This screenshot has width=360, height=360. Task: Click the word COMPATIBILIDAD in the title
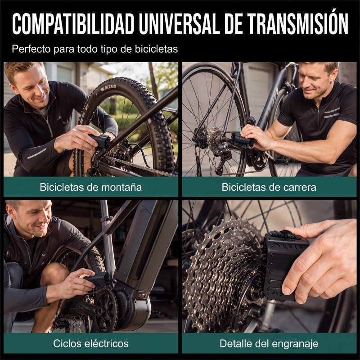click(73, 24)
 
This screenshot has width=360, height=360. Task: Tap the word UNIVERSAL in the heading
click(179, 24)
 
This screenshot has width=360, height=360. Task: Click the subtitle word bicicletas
click(156, 49)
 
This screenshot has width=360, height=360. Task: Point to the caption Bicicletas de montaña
click(91, 187)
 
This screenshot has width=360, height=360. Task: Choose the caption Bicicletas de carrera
click(269, 187)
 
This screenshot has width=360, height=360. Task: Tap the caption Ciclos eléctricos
click(91, 343)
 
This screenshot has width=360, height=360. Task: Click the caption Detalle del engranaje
click(269, 344)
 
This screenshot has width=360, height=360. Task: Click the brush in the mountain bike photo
click(100, 143)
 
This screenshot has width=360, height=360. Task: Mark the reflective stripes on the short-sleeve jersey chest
click(332, 113)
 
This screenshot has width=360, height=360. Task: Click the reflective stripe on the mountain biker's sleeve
click(37, 153)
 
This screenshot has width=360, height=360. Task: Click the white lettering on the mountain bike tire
click(108, 88)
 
